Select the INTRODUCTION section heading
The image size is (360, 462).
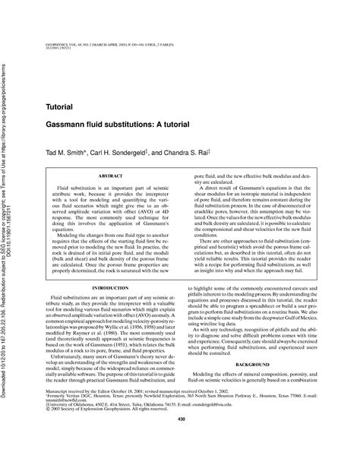click(x=108, y=268)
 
